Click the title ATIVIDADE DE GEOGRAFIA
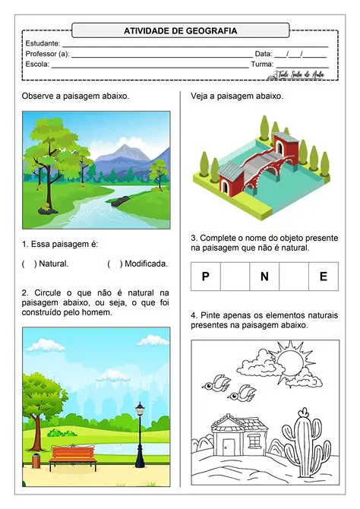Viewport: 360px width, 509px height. point(180,31)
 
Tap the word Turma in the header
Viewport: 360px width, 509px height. point(262,65)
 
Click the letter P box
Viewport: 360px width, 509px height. point(205,277)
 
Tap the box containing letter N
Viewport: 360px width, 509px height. point(264,277)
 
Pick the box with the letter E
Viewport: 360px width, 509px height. point(323,277)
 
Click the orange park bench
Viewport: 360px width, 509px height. point(73,455)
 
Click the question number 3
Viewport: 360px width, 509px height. point(194,238)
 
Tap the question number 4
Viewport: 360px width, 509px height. point(194,315)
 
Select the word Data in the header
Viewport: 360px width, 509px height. point(263,54)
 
